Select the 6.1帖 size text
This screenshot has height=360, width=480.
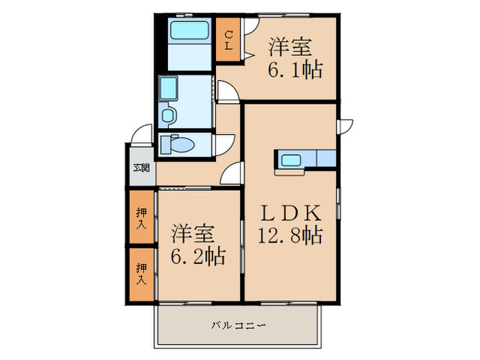(x=294, y=69)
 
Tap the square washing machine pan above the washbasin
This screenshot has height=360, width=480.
(x=168, y=88)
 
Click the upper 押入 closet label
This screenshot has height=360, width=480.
(x=141, y=219)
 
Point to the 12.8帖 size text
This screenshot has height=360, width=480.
(x=289, y=236)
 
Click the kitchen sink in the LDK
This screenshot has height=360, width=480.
(x=290, y=160)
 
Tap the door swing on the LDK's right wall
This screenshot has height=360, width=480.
(x=344, y=127)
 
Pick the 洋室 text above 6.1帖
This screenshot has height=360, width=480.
(x=290, y=47)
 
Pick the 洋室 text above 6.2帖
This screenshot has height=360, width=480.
(x=194, y=232)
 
